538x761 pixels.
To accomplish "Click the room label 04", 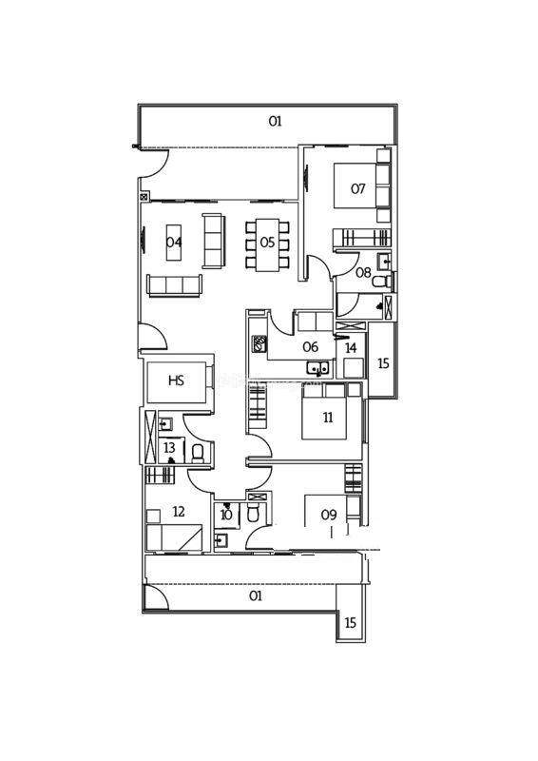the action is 174,242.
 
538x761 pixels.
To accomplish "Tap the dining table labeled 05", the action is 267,245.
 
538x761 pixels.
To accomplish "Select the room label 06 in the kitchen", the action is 311,346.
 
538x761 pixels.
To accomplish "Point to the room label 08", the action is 363,272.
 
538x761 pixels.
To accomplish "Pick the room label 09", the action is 329,515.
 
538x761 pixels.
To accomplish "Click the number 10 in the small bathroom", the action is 226,515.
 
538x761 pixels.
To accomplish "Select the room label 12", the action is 179,512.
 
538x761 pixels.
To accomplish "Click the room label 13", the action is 169,446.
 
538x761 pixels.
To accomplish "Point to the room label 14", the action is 351,347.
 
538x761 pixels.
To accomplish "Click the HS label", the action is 176,380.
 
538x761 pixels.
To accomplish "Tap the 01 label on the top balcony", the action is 275,121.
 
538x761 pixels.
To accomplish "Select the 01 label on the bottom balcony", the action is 256,595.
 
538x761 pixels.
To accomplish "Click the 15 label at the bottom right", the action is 350,623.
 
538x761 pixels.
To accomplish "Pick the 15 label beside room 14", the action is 383,363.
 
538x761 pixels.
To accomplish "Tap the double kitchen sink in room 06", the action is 317,367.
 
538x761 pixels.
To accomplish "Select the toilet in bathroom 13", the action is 198,454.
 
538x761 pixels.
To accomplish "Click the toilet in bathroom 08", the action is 382,281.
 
